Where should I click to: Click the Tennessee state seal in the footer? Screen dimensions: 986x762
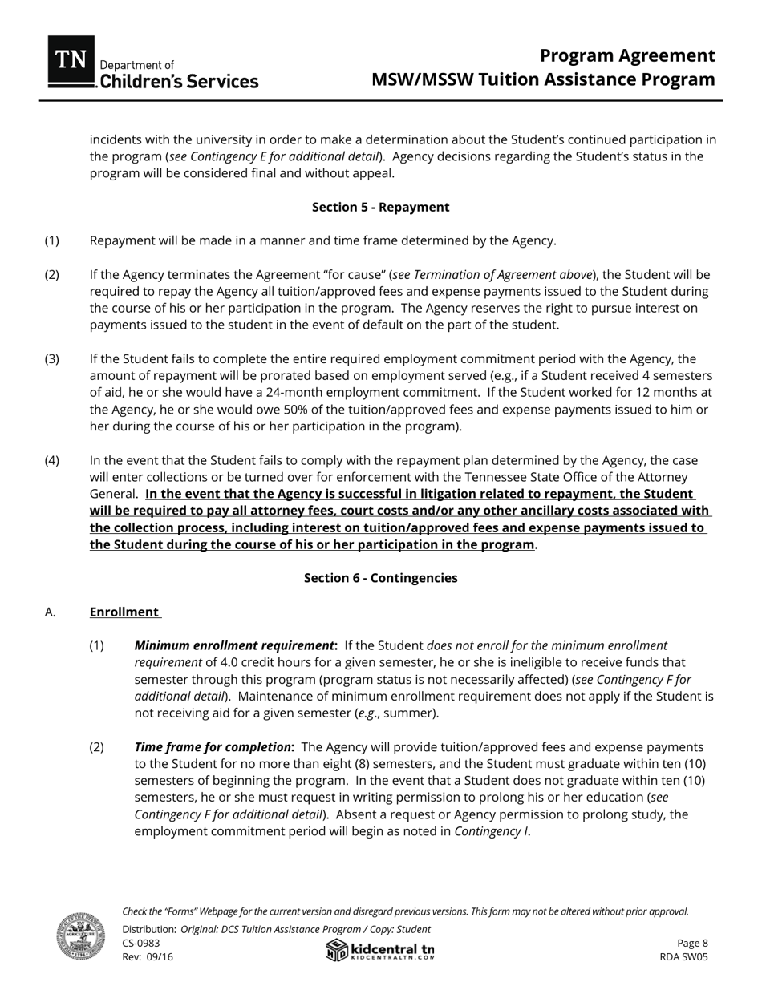(80, 935)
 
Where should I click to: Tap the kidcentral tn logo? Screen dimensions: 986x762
(380, 950)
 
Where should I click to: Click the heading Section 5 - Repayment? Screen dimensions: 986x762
(380, 207)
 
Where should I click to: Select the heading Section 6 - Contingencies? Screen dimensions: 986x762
(380, 578)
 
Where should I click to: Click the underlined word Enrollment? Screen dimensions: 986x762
(124, 612)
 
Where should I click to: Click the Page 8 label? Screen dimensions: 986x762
(692, 944)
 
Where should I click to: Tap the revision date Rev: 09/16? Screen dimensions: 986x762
(148, 957)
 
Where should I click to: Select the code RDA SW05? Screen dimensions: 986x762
(683, 957)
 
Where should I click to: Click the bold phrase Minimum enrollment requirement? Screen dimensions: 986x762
(235, 645)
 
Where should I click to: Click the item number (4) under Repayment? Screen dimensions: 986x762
(52, 460)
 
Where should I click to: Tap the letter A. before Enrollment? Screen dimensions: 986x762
(50, 612)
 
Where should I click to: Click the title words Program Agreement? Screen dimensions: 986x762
(626, 55)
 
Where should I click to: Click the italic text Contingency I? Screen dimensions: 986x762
(491, 831)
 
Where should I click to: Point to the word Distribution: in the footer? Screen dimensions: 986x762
(149, 929)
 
